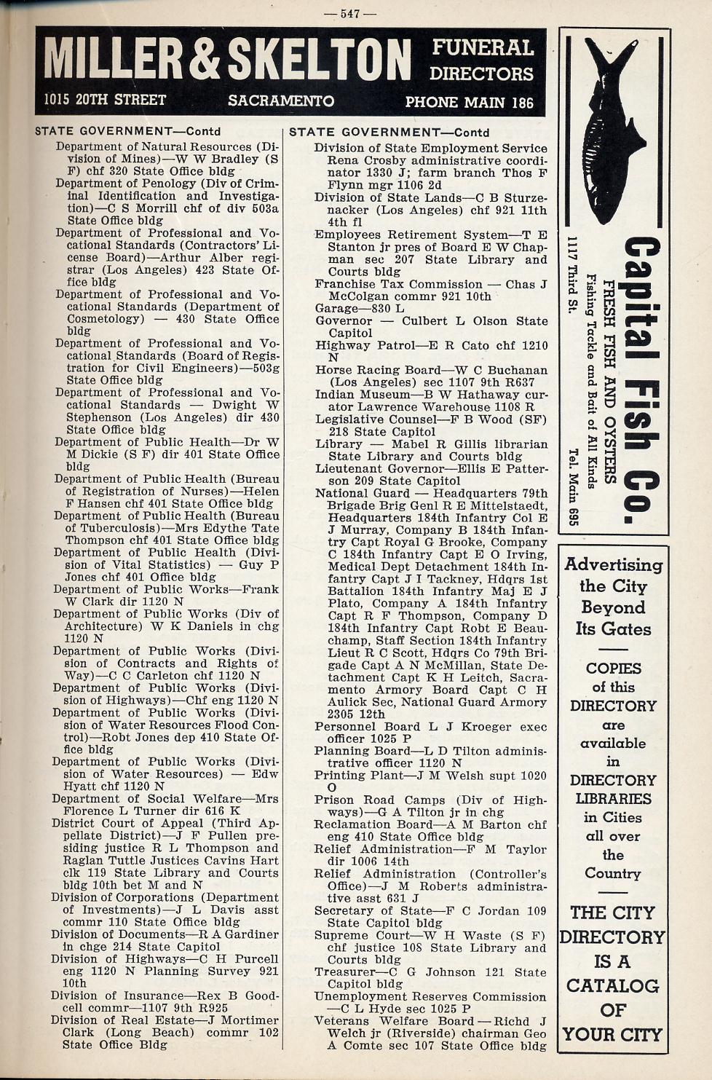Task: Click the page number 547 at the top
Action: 351,13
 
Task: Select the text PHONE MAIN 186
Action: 469,102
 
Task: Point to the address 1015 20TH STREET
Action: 105,100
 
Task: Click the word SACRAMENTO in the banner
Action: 281,101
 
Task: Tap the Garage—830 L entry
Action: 346,309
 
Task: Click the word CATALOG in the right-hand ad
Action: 613,986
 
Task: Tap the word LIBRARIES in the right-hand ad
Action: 612,799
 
